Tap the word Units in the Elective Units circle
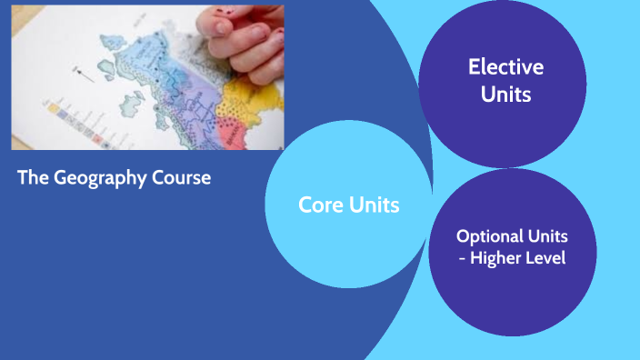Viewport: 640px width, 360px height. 505,94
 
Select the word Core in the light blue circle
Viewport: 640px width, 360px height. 320,205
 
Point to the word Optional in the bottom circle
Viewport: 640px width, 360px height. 492,235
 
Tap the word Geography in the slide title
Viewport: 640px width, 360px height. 99,177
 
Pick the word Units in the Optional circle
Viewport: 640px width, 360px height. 549,235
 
